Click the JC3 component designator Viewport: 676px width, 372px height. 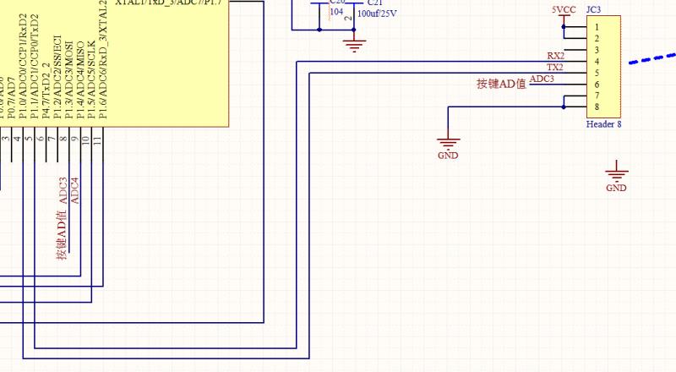tap(593, 10)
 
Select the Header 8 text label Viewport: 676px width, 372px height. tap(603, 124)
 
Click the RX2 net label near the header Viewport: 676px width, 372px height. tap(555, 56)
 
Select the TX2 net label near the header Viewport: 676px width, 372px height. tap(555, 68)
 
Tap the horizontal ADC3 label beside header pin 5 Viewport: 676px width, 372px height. tap(542, 79)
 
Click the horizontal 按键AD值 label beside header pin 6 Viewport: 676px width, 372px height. tap(502, 84)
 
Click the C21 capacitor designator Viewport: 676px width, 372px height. tap(373, 3)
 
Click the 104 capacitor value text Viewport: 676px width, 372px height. tap(337, 13)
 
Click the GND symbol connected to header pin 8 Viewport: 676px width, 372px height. tap(448, 147)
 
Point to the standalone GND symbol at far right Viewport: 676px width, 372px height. tap(617, 178)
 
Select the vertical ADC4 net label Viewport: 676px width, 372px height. tap(74, 189)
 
